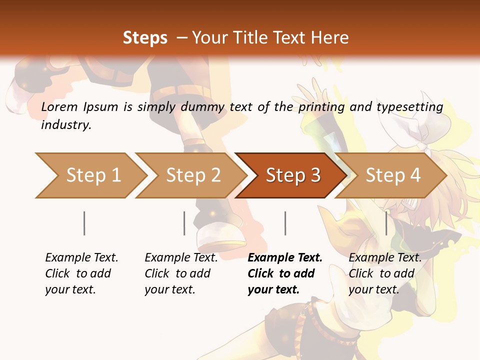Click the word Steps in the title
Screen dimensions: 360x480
tap(145, 38)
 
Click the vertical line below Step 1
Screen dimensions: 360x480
tap(84, 223)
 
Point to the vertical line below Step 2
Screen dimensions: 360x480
tap(184, 223)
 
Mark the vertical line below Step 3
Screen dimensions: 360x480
tap(285, 223)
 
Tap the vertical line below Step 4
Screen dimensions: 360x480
tap(386, 223)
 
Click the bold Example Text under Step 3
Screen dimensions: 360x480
tap(285, 258)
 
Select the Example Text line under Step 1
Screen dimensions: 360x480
tap(81, 258)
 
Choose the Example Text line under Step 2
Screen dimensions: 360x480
tap(181, 258)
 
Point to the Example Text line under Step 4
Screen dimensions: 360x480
tap(385, 258)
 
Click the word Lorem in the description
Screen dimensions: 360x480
tap(59, 107)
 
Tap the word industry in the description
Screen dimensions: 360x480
tap(66, 125)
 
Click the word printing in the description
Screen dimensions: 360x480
tap(321, 107)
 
